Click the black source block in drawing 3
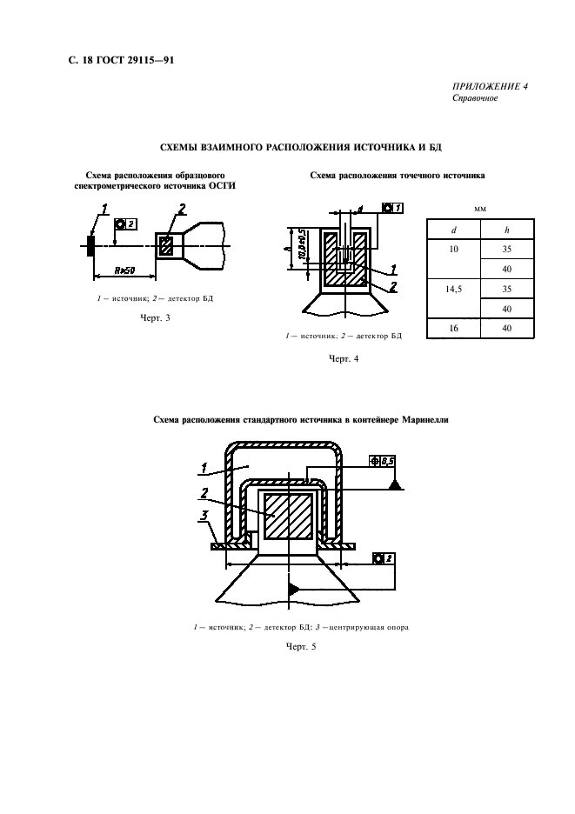click(90, 245)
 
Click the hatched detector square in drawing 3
click(167, 245)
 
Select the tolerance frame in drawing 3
click(125, 224)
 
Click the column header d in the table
click(452, 230)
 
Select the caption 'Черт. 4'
click(344, 358)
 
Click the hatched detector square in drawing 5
click(288, 517)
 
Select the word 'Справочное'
click(475, 98)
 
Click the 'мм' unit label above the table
click(479, 210)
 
